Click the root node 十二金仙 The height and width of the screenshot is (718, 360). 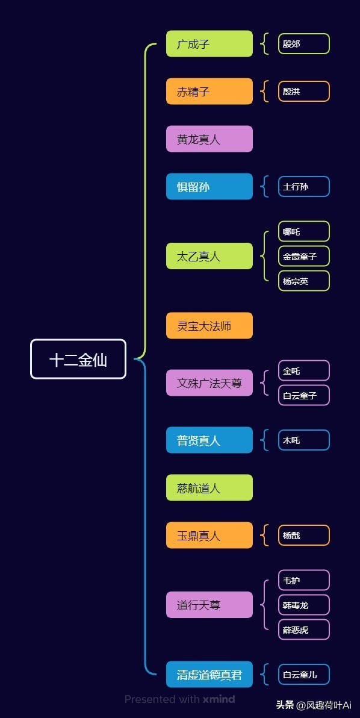[x=78, y=359]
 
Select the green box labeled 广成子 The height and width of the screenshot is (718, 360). [x=209, y=44]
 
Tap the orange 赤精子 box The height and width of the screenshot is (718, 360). [x=209, y=92]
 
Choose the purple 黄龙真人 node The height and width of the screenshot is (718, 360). [x=209, y=139]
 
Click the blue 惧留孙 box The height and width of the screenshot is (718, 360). [x=209, y=187]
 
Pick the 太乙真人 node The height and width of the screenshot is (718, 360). [x=209, y=257]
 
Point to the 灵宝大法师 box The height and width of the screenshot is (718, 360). [x=209, y=326]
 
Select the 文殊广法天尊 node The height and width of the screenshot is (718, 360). [x=209, y=383]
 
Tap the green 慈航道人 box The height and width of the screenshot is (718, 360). [x=209, y=488]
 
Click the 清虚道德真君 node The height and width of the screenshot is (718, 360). [x=209, y=675]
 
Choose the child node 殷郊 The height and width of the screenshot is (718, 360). [x=304, y=44]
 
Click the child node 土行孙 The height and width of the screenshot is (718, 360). [x=304, y=187]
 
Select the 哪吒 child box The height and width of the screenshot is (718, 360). [x=304, y=232]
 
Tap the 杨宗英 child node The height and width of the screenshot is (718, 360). [x=304, y=281]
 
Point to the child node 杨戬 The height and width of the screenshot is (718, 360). [x=304, y=535]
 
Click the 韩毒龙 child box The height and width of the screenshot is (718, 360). [x=304, y=605]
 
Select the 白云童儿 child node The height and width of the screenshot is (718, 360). [x=304, y=675]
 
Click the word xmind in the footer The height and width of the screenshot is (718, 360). [x=219, y=699]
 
